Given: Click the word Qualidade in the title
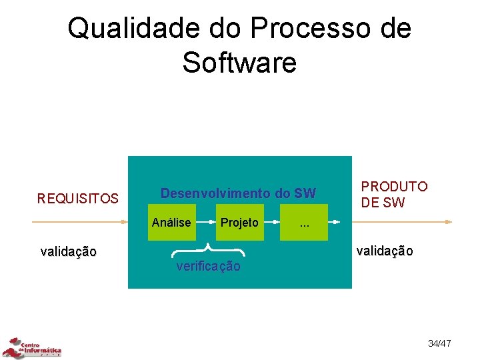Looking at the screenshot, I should tap(125, 29).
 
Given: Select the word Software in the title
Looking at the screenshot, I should tap(239, 63).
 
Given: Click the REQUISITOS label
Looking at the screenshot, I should tap(78, 199).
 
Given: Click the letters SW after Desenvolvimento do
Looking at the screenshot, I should tap(305, 193).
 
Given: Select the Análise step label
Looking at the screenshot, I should tap(171, 223).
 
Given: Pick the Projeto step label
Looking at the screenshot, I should tap(239, 223).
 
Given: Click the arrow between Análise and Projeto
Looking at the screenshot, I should tap(205, 223).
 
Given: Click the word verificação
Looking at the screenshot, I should tap(208, 267).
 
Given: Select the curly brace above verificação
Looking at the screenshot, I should tap(209, 251).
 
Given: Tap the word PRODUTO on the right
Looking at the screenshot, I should tap(394, 187).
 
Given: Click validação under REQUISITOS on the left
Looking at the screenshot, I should tap(68, 251).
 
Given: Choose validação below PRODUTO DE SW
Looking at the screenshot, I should tap(385, 251).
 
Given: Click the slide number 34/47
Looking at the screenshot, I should tap(439, 343).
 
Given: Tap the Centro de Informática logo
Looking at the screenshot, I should tap(31, 348).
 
